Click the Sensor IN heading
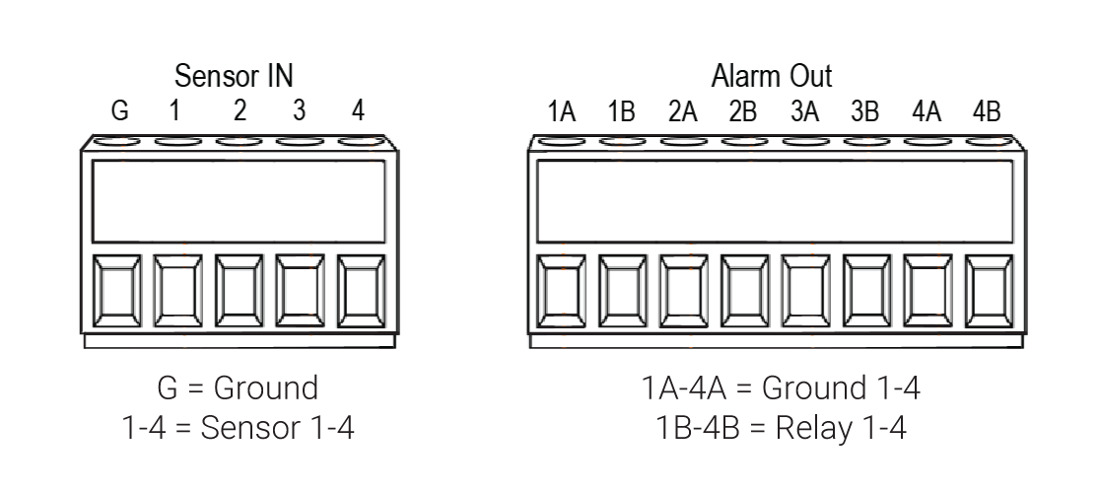[x=234, y=76]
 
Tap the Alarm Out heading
[x=772, y=76]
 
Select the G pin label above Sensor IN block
[x=120, y=110]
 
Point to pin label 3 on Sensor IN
[x=299, y=110]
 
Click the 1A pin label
[x=561, y=111]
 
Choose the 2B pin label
[x=742, y=111]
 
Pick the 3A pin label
[x=804, y=111]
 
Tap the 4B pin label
[x=987, y=111]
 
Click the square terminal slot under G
[x=116, y=291]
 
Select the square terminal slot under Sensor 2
[x=240, y=291]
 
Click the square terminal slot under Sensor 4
[x=362, y=291]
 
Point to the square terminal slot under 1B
[x=622, y=291]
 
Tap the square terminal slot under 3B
[x=867, y=291]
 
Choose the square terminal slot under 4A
[x=928, y=291]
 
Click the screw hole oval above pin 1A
[x=561, y=141]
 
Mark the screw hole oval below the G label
[x=116, y=141]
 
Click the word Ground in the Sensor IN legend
[x=266, y=388]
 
